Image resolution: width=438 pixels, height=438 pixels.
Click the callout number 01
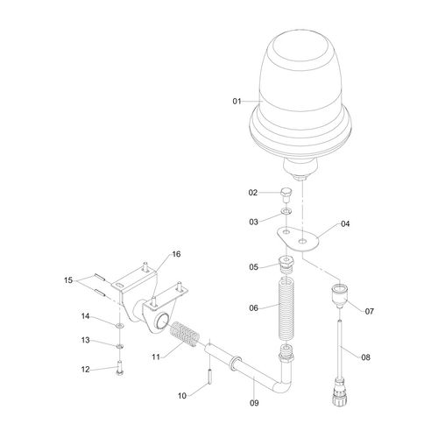click(237, 102)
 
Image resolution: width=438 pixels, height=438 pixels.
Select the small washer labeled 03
click(286, 210)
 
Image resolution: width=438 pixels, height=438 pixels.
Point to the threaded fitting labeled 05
click(286, 264)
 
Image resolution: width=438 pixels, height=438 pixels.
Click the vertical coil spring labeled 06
click(286, 308)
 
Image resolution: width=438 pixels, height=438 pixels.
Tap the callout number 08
click(365, 357)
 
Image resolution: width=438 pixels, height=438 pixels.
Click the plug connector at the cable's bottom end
click(340, 392)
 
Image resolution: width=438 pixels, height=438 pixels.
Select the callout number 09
click(254, 403)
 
